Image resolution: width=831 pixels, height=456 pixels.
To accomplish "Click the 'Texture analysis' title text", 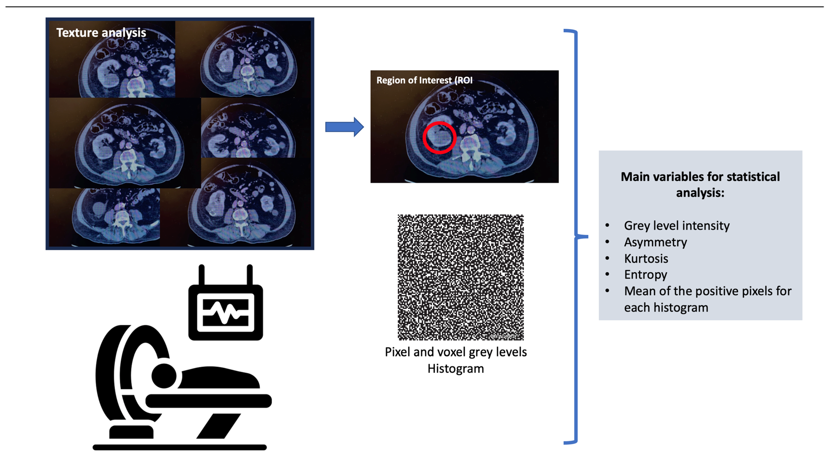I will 101,33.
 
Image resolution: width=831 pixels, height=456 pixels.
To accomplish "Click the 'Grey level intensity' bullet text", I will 676,225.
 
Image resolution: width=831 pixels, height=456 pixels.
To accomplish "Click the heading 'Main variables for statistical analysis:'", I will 700,184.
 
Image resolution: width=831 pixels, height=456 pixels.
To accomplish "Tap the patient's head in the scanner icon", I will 164,376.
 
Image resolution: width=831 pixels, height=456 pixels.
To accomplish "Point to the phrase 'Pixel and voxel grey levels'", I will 455,352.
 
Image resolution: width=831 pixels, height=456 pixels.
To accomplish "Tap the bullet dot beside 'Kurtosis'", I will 607,258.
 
